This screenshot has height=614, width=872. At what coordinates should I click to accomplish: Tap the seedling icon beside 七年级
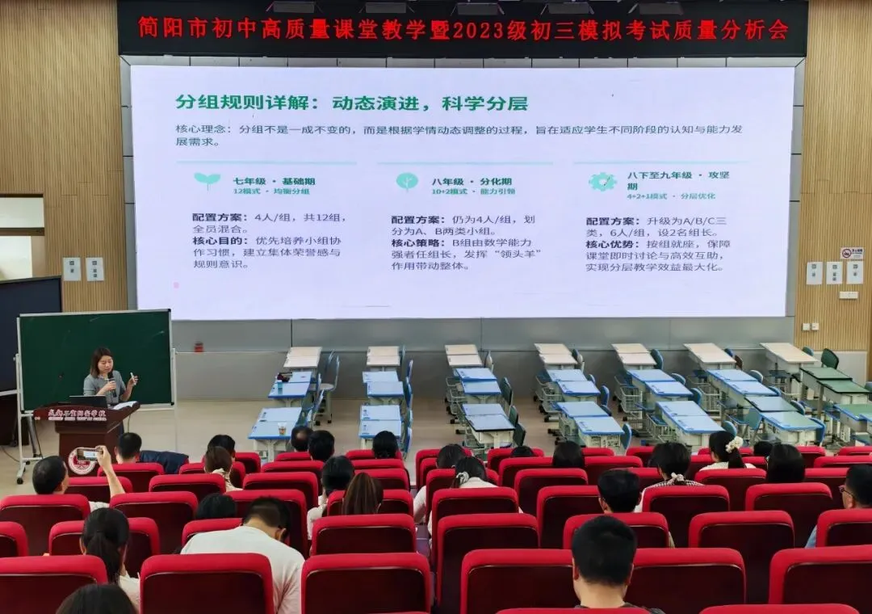tap(207, 180)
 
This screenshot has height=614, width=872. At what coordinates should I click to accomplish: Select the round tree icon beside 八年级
tap(407, 181)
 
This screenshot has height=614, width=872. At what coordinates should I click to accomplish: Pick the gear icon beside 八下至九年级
tap(602, 182)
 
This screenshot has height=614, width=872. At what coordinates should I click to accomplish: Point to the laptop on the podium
tap(87, 400)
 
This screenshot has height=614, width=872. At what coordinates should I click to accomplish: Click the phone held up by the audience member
tap(86, 454)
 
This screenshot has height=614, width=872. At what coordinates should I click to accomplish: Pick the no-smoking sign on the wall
tap(851, 254)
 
